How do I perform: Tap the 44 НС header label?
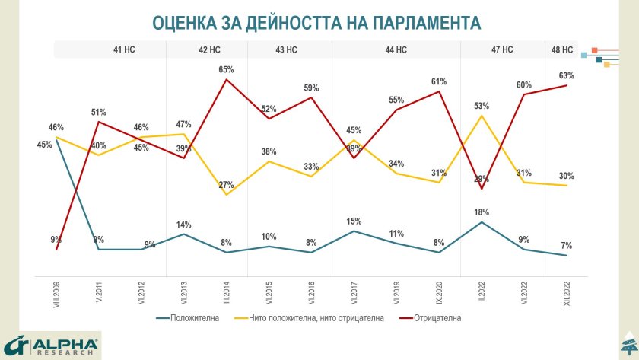[x=396, y=49]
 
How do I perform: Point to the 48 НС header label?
[x=562, y=49]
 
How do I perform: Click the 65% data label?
[x=226, y=69]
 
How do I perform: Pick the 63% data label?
[x=566, y=75]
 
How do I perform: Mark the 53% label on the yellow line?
[x=481, y=106]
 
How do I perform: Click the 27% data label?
[x=226, y=185]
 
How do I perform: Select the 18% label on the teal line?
[x=481, y=212]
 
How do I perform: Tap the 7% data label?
[x=566, y=245]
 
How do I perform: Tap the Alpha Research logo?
[x=51, y=345]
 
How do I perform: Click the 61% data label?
[x=438, y=81]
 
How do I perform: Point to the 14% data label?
[x=183, y=225]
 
